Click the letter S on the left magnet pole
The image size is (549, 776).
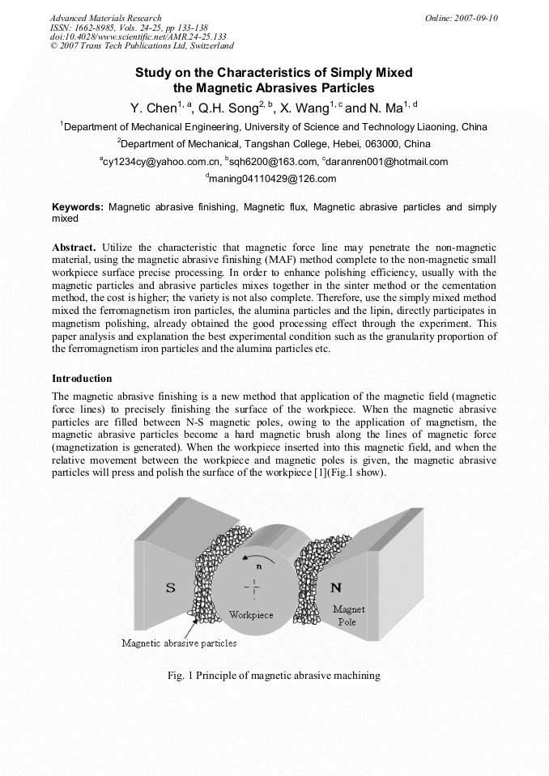(x=171, y=588)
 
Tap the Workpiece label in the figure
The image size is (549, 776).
(x=251, y=614)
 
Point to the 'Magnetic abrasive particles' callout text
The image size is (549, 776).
(x=179, y=643)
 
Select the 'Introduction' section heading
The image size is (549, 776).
(x=82, y=378)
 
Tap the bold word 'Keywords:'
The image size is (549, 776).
(x=78, y=207)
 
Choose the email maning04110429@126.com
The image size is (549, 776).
(x=272, y=179)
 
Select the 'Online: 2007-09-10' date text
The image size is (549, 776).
(x=462, y=17)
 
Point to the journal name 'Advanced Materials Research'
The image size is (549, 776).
(x=105, y=17)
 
